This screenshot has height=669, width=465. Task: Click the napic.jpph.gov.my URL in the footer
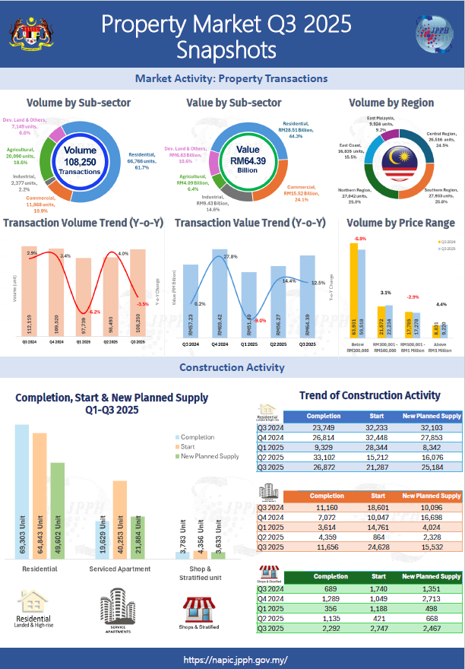[232, 660]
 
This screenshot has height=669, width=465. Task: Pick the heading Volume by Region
[391, 103]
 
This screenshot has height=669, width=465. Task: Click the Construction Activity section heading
[232, 368]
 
